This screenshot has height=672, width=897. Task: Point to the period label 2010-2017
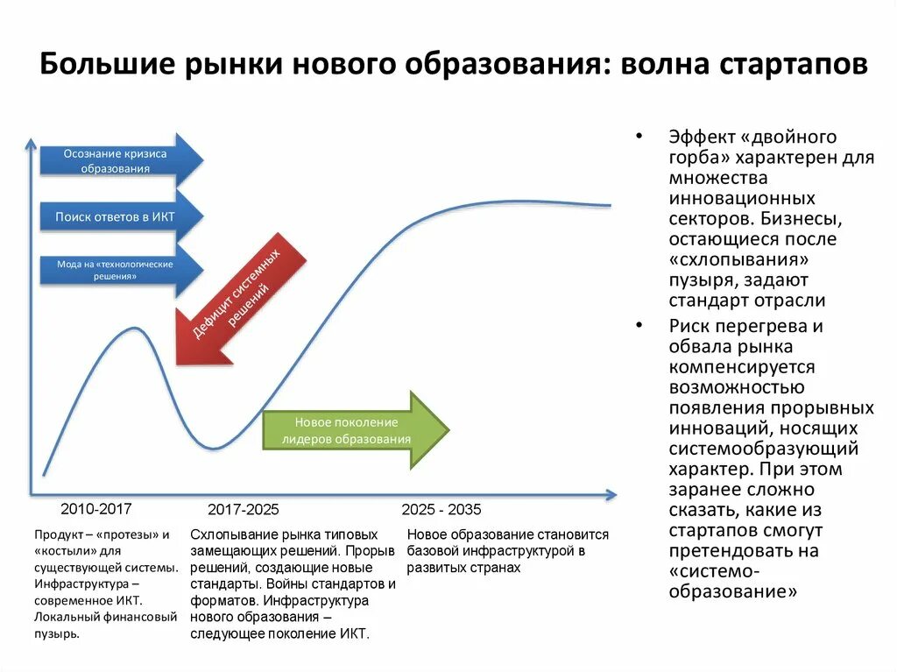pyautogui.click(x=96, y=508)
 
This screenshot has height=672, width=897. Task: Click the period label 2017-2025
pyautogui.click(x=244, y=509)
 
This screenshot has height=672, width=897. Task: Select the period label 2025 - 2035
pyautogui.click(x=441, y=509)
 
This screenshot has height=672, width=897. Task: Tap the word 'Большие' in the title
pyautogui.click(x=95, y=66)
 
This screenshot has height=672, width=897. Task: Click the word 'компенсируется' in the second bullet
pyautogui.click(x=742, y=367)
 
